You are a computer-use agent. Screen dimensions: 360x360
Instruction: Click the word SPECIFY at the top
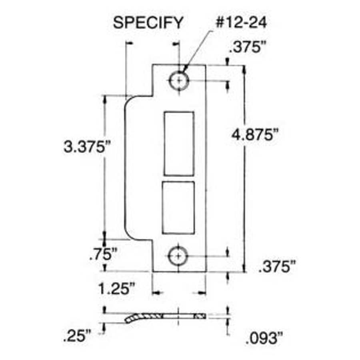[x=148, y=23]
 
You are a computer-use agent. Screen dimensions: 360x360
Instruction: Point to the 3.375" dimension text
[x=85, y=147]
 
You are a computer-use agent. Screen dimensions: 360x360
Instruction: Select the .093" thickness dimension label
[x=261, y=339]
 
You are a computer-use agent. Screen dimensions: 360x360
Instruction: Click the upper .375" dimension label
[x=248, y=47]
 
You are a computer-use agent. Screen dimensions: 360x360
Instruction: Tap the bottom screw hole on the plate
[x=178, y=255]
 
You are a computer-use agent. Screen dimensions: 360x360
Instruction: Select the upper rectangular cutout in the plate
[x=179, y=144]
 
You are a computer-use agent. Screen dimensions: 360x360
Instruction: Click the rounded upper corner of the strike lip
[x=132, y=100]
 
